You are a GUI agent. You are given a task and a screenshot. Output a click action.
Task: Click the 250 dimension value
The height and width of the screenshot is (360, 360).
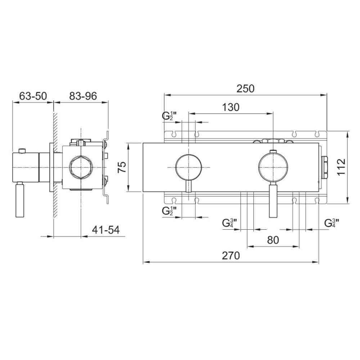246,89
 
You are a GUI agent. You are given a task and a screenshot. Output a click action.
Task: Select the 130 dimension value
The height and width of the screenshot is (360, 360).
231,107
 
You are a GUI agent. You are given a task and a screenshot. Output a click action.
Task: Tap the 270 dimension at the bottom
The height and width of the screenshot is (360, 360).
231,256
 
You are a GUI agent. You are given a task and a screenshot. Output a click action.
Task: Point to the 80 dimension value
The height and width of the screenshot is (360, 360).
273,240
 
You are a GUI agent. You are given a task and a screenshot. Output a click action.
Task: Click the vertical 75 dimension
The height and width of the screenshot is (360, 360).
122,167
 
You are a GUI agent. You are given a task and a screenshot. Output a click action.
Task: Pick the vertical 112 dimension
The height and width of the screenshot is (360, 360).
341,167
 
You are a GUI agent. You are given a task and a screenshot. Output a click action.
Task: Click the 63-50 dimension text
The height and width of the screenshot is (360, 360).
33,96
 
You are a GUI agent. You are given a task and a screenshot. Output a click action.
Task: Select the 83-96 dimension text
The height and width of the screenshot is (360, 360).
83,96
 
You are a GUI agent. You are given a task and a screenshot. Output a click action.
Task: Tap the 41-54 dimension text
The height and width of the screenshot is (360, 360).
106,230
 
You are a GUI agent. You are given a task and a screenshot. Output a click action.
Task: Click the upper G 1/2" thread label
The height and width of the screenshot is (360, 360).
169,116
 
